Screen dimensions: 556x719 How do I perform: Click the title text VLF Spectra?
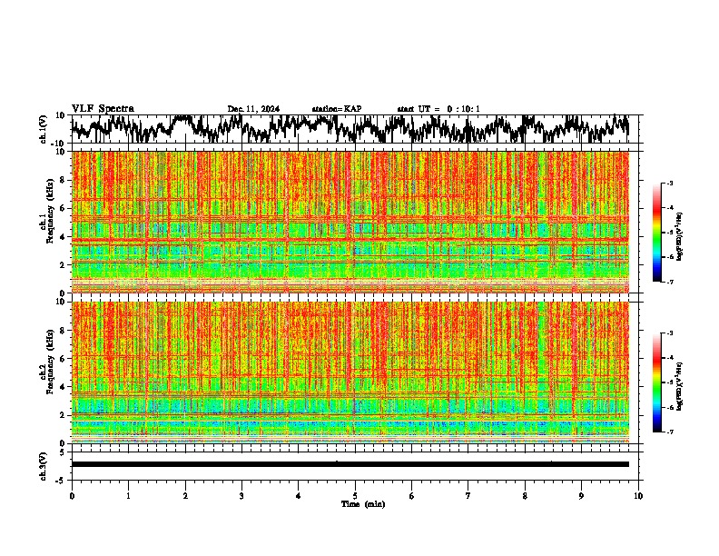click(103, 109)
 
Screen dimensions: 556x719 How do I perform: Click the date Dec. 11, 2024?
click(253, 109)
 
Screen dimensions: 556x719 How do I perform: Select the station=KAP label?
click(336, 109)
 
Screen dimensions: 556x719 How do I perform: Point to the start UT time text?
click(438, 109)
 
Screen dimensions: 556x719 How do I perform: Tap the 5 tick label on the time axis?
click(355, 495)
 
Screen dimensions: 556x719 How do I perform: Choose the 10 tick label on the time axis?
click(638, 495)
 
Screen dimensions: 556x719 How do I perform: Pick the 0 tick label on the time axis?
click(72, 495)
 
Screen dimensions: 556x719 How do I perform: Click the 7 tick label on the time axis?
click(468, 495)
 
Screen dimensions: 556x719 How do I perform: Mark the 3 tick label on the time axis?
click(241, 495)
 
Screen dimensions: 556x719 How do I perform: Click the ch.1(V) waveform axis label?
click(44, 129)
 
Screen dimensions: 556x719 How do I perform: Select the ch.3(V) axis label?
click(44, 464)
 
